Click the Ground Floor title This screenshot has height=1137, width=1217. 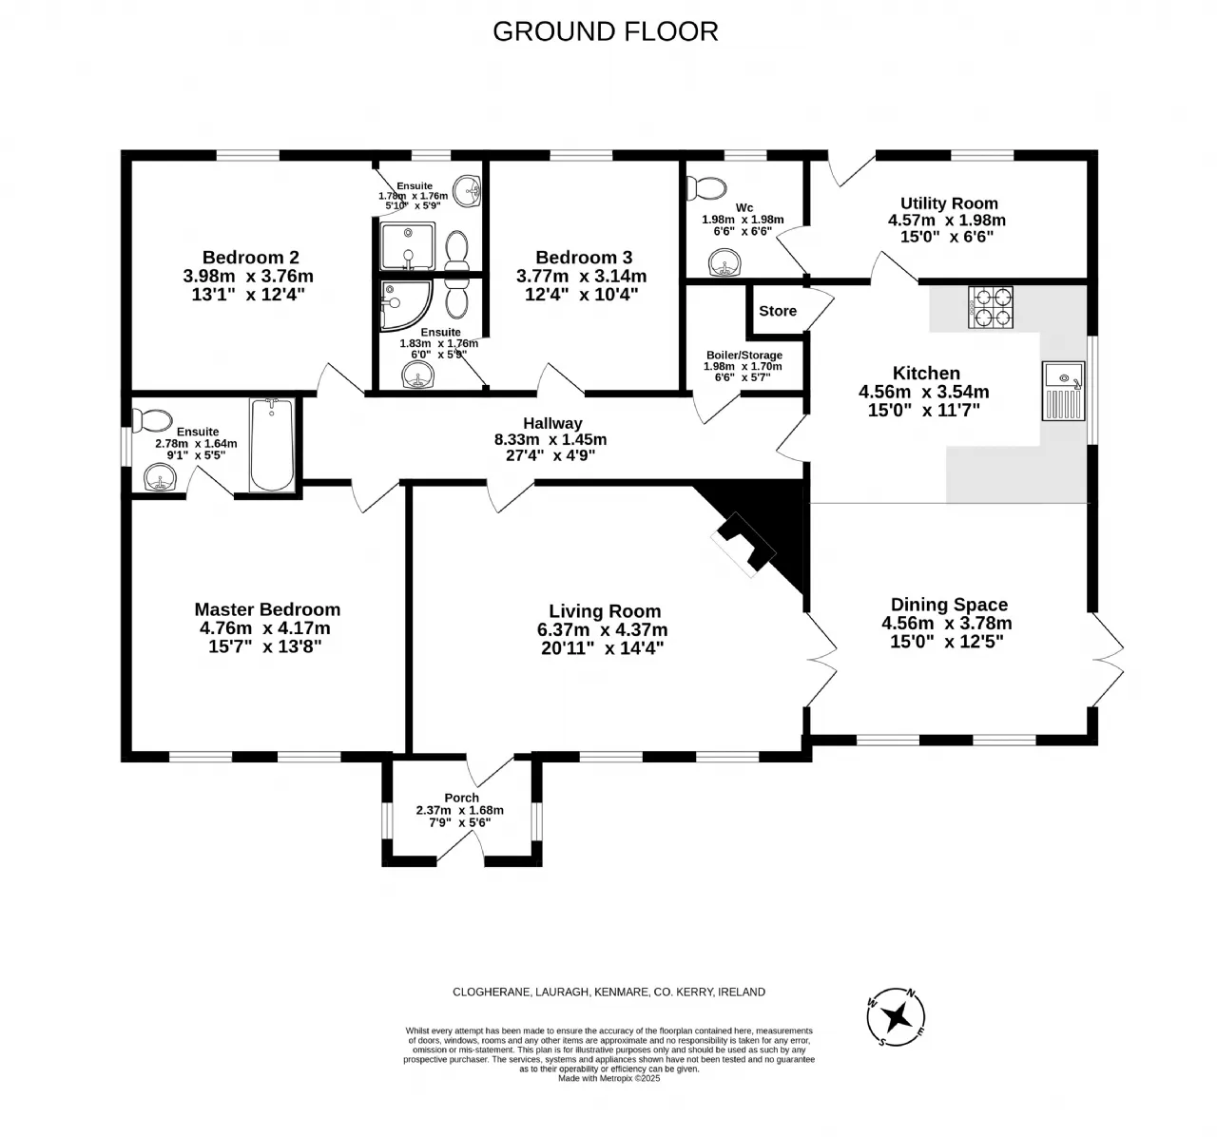[x=605, y=32]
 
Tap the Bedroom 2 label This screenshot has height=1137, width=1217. [x=251, y=257]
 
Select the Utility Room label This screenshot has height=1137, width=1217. [x=949, y=203]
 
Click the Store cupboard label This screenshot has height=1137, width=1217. [x=778, y=311]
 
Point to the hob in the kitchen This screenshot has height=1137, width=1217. [x=991, y=308]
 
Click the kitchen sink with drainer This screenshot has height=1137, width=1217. [x=1063, y=391]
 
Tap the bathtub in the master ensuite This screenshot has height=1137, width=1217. [x=272, y=444]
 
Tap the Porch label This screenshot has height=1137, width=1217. [x=461, y=798]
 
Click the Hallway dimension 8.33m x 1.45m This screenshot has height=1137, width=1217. [x=551, y=439]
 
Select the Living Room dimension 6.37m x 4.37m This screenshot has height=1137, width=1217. [x=603, y=629]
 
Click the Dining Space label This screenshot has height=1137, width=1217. [x=949, y=605]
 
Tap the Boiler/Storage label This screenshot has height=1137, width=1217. [x=744, y=355]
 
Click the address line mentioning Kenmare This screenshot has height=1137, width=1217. [x=608, y=992]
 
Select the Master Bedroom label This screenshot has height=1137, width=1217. [x=267, y=609]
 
